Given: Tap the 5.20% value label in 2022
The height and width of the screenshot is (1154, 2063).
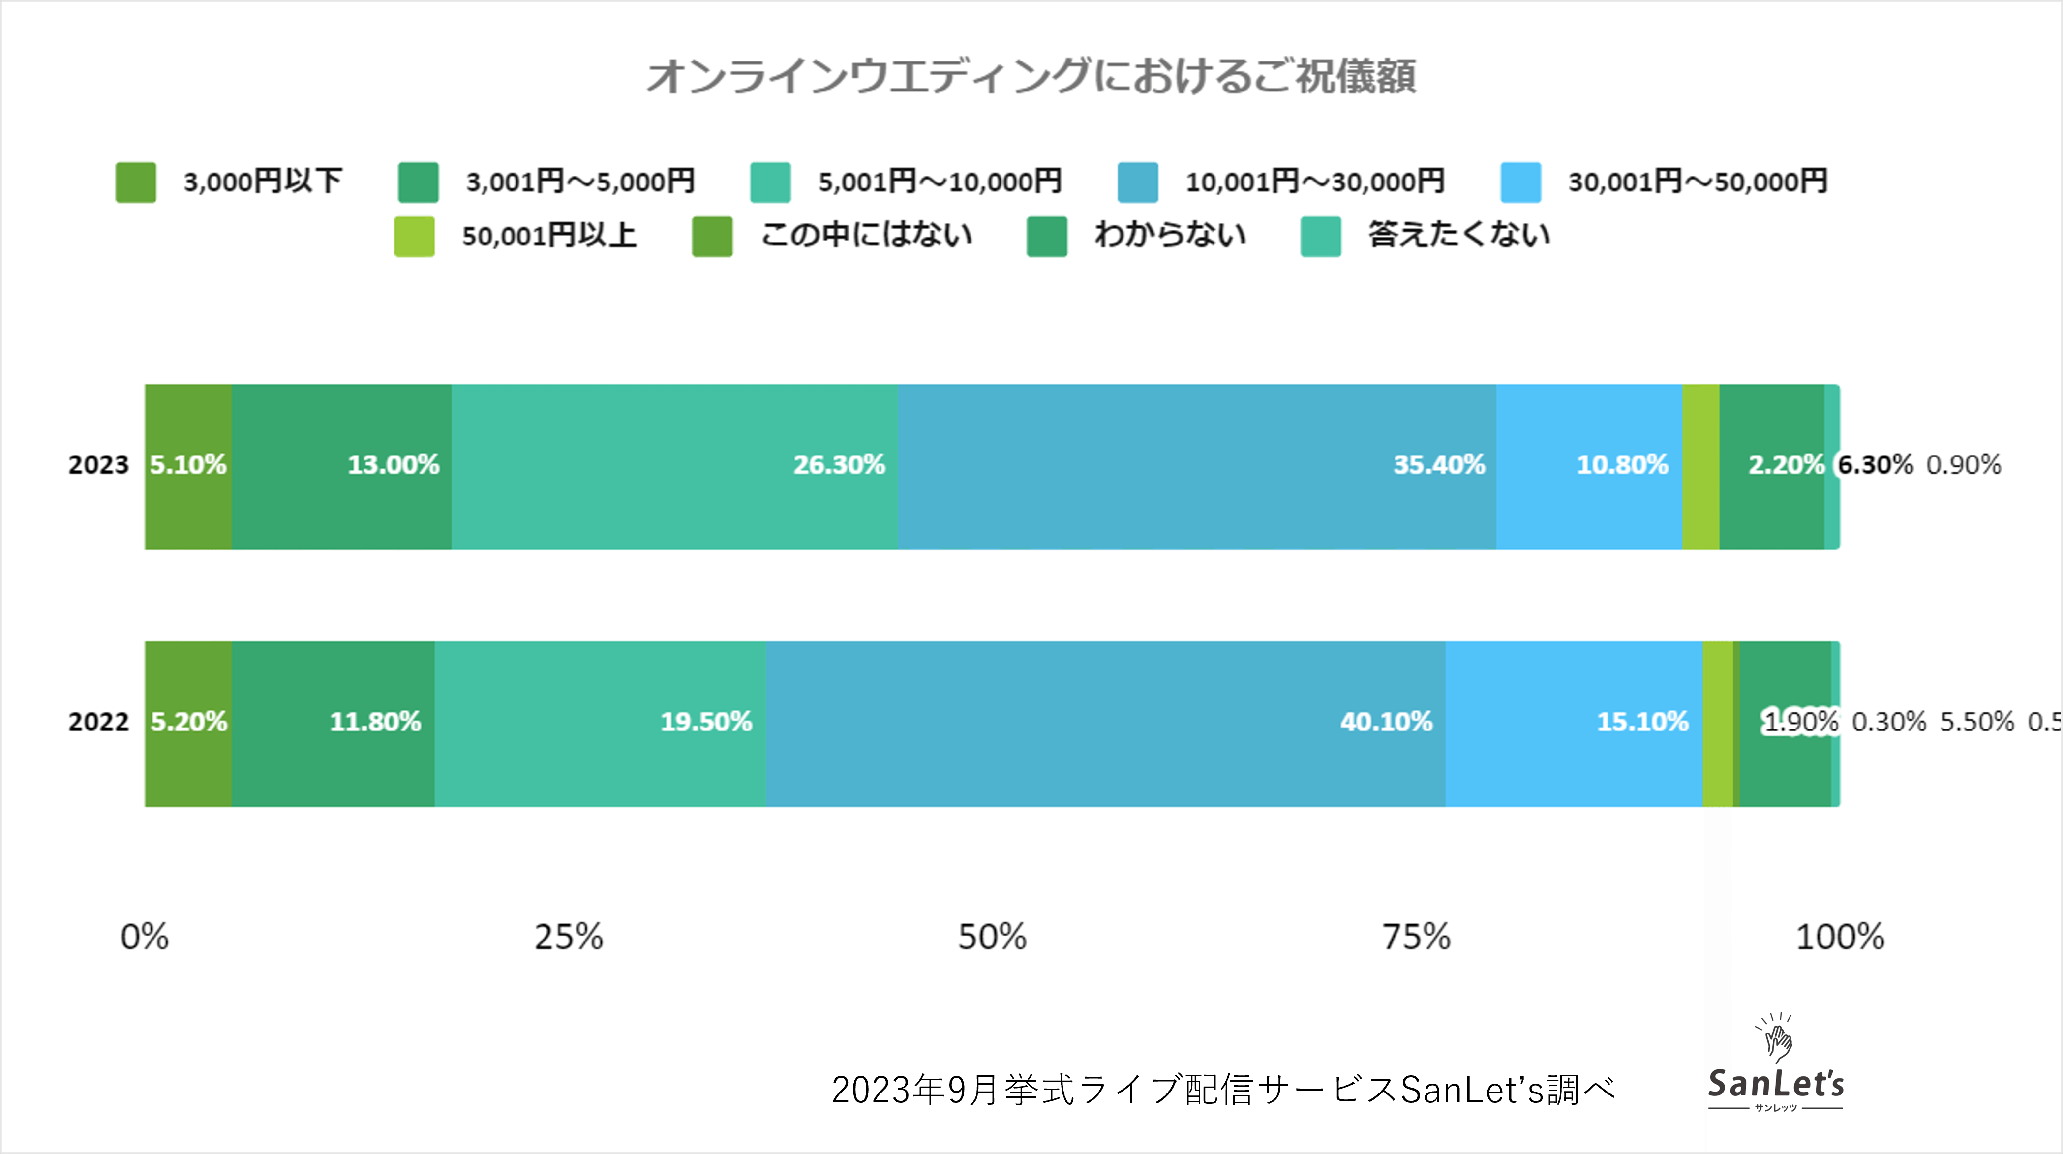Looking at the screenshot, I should [x=189, y=722].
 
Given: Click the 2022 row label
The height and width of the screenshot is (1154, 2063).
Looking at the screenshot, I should [x=98, y=722].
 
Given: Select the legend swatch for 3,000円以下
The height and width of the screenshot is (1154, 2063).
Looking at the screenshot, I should [x=135, y=182].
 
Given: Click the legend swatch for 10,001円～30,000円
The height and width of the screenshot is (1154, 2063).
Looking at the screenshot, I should [x=1137, y=182].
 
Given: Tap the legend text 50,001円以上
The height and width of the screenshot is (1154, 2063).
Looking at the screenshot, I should [x=549, y=236].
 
